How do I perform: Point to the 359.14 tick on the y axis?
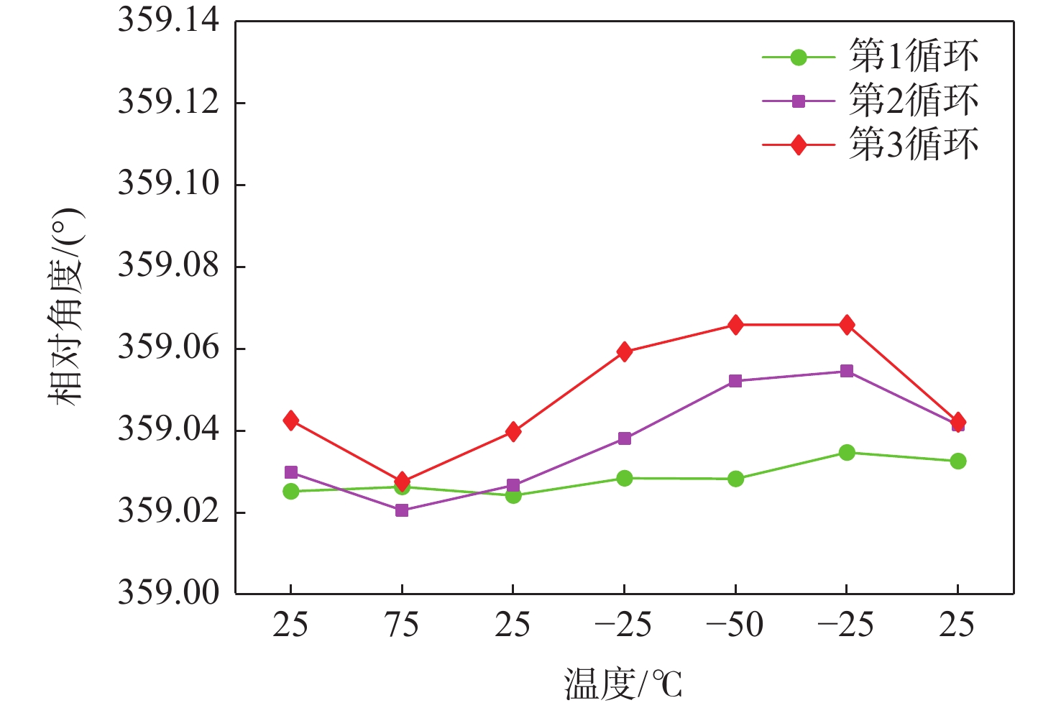point(169,20)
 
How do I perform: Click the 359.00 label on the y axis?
point(169,594)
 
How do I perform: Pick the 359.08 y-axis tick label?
point(169,266)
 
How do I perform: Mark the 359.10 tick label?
point(169,184)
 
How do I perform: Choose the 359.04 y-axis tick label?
point(169,430)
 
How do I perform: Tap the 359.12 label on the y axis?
point(169,102)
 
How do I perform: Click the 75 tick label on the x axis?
point(401,625)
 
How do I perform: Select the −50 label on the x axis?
point(735,625)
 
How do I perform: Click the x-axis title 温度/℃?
point(623,684)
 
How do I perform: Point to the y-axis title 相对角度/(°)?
point(66,307)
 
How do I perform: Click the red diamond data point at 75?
point(402,480)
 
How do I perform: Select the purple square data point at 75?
point(402,510)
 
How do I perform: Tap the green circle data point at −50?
point(735,479)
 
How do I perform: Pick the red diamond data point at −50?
point(735,325)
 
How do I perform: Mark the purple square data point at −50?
point(735,381)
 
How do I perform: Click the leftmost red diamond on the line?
point(291,420)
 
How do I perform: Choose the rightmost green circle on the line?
point(957,461)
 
